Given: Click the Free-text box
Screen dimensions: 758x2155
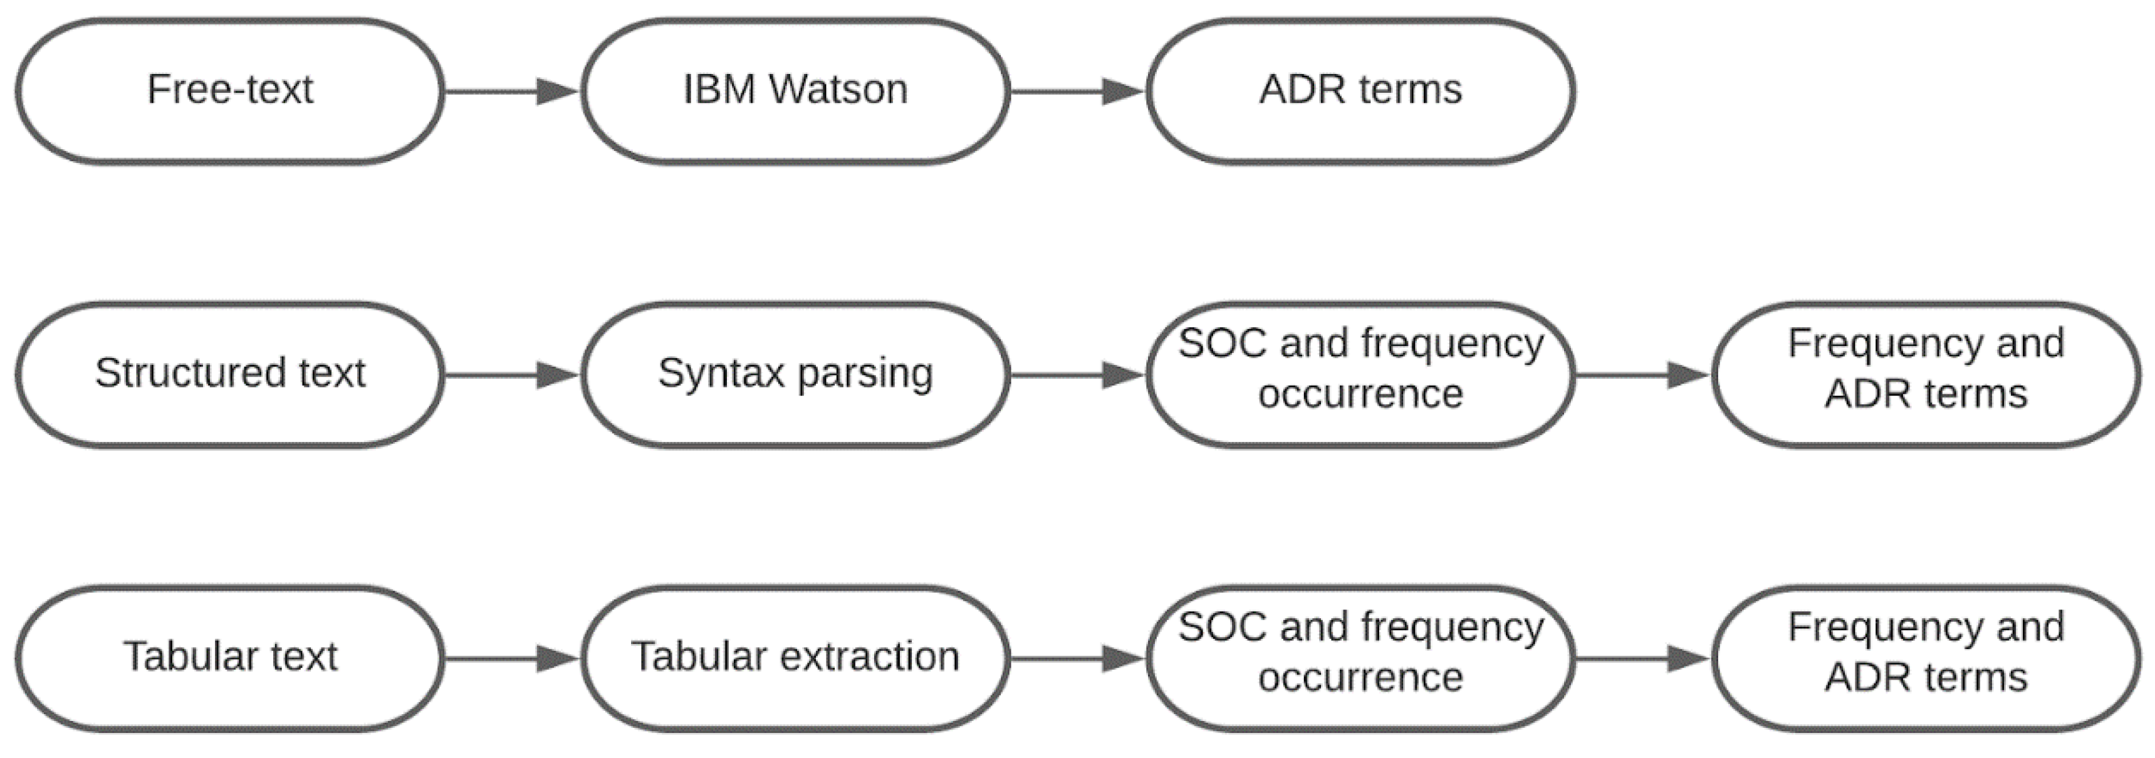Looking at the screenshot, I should click(229, 90).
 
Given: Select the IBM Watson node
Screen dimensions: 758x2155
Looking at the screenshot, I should click(795, 90).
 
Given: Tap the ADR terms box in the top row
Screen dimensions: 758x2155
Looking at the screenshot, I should click(1360, 90).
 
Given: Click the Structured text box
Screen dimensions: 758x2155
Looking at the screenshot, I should click(229, 374).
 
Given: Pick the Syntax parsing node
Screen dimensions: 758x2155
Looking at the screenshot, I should click(795, 374).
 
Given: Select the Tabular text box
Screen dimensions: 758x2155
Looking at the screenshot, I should click(229, 658).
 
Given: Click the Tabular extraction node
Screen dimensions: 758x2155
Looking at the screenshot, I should click(795, 658).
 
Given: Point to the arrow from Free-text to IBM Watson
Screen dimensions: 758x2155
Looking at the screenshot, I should click(510, 91).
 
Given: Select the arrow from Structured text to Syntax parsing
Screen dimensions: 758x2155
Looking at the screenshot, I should click(510, 375).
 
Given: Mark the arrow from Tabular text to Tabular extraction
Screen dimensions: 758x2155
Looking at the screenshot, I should click(510, 658).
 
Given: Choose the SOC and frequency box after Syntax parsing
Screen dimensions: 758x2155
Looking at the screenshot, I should click(1360, 374).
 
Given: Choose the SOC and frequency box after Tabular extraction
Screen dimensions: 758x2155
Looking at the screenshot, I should click(1360, 658).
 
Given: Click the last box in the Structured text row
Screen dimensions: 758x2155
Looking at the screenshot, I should click(1926, 374).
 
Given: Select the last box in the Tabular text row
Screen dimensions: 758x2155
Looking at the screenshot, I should click(1926, 658).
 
